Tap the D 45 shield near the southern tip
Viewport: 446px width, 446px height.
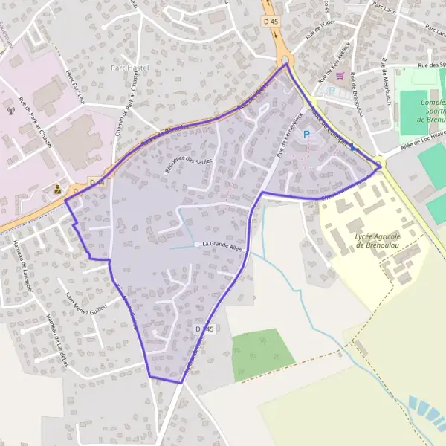(205, 329)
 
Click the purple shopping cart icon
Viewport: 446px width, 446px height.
(340, 75)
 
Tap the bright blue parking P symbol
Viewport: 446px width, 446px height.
(306, 135)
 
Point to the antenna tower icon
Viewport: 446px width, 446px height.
(11, 110)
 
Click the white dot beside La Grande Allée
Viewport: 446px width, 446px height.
(197, 244)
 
